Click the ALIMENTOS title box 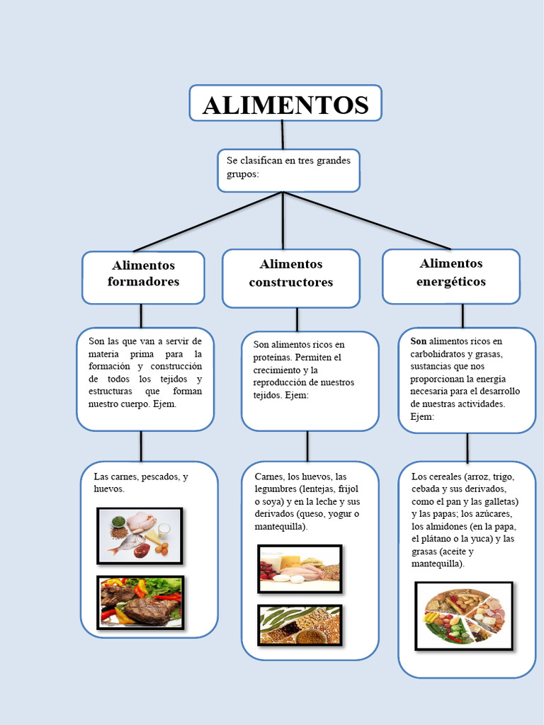pyautogui.click(x=285, y=104)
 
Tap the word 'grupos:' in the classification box pyautogui.click(x=243, y=173)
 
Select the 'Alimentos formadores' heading pyautogui.click(x=143, y=273)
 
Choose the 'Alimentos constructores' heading pyautogui.click(x=290, y=273)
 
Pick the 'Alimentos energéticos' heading pyautogui.click(x=450, y=273)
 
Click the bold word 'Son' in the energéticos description pyautogui.click(x=419, y=341)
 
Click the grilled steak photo pyautogui.click(x=140, y=603)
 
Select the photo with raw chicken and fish pyautogui.click(x=140, y=535)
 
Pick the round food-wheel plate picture pyautogui.click(x=464, y=616)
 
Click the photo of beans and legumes pyautogui.click(x=299, y=624)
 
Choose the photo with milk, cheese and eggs pyautogui.click(x=299, y=568)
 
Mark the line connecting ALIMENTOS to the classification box pyautogui.click(x=283, y=135)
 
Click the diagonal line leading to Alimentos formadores pyautogui.click(x=205, y=222)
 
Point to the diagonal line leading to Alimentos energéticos pyautogui.click(x=368, y=221)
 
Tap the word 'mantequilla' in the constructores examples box pyautogui.click(x=280, y=527)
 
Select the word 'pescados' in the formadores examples pyautogui.click(x=161, y=477)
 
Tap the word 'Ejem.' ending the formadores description pyautogui.click(x=164, y=404)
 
